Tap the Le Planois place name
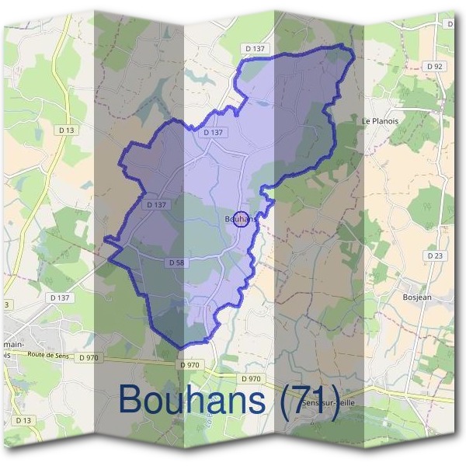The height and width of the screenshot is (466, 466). click(x=378, y=121)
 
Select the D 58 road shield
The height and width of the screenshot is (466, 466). click(x=176, y=263)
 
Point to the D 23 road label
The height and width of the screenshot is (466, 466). click(x=436, y=256)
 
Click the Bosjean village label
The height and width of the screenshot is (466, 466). click(x=418, y=297)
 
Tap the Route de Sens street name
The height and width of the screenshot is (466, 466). click(x=54, y=355)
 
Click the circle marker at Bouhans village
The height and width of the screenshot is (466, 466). click(x=242, y=220)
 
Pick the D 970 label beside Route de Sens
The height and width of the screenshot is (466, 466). click(x=88, y=357)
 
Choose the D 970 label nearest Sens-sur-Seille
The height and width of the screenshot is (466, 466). click(x=251, y=378)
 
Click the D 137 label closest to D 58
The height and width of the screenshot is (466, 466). click(x=156, y=205)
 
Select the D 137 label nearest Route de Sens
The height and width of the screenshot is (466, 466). click(x=60, y=297)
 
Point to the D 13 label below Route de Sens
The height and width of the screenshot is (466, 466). click(x=23, y=420)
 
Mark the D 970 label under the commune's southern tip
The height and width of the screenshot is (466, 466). click(x=189, y=364)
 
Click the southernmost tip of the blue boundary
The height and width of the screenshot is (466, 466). click(x=183, y=347)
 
